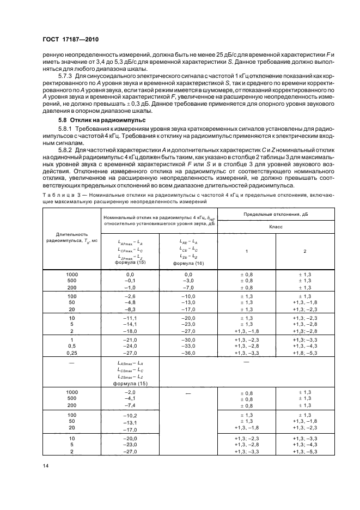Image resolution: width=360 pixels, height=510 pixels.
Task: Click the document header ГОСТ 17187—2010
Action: (x=68, y=39)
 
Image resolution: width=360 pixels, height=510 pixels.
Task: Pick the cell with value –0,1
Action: (x=129, y=281)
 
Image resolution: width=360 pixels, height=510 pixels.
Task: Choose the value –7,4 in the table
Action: (x=129, y=406)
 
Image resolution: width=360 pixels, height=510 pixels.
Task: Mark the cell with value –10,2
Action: (x=129, y=415)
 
